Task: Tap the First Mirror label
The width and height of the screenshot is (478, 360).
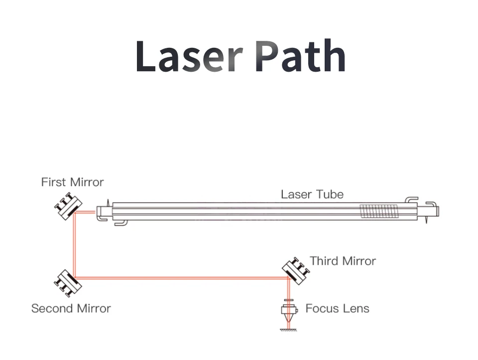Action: point(73,182)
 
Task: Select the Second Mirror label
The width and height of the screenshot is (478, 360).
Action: point(71,309)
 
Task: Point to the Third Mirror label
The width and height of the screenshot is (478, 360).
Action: point(343,261)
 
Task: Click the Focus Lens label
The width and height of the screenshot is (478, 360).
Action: point(337,309)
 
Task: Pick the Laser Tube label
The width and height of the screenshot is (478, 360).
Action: point(312,194)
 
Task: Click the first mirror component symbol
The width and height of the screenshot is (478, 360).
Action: point(67,207)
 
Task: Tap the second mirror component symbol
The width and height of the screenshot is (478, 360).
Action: point(67,282)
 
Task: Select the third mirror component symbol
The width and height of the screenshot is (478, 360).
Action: point(296,269)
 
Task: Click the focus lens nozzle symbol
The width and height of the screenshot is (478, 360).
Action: point(288,312)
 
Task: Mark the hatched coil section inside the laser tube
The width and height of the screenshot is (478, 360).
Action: point(379,211)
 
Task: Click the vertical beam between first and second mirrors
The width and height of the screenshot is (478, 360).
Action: point(74,244)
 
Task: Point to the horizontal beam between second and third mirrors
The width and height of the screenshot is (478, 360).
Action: point(179,278)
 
